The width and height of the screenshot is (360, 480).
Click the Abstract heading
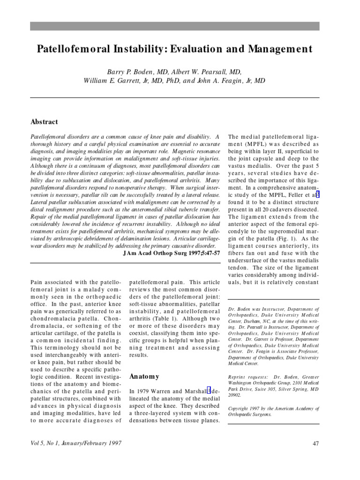(x=44, y=122)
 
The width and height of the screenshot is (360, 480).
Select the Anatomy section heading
(x=144, y=376)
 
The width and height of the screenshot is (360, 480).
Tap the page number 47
(x=315, y=443)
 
